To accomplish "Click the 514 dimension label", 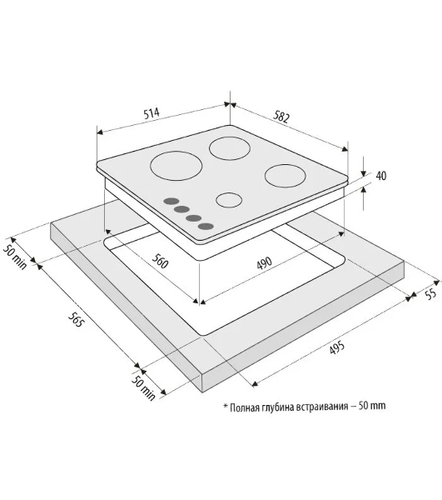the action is [x=151, y=113].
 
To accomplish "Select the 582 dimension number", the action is [x=281, y=117].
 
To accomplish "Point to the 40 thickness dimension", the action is [x=381, y=176].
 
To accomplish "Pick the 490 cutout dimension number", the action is [x=265, y=262].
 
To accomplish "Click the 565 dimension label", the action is [x=77, y=319].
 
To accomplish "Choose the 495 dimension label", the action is [x=336, y=347].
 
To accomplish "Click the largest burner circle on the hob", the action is [x=176, y=166].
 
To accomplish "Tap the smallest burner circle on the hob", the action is [x=229, y=200].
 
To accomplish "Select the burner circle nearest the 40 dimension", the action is [x=285, y=176].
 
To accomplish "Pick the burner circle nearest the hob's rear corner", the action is [x=230, y=148].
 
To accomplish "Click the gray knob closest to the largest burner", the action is [x=171, y=201].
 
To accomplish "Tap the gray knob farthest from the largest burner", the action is [x=206, y=227].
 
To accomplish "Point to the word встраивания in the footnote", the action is [x=321, y=407].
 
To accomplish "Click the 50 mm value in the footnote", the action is [x=372, y=406].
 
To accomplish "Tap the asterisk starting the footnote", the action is [x=226, y=407].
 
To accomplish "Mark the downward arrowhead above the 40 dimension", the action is [x=364, y=174].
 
